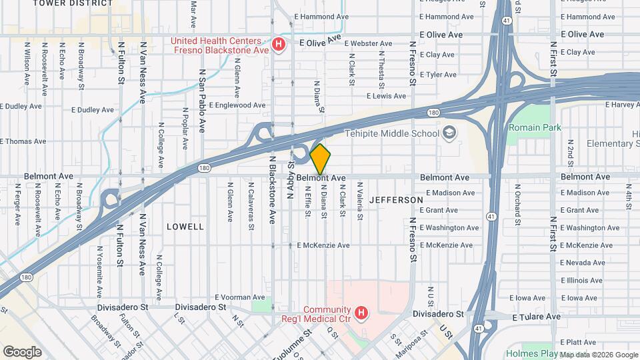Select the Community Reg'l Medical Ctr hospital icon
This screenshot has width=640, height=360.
[x=361, y=312]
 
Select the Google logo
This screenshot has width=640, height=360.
[x=22, y=351]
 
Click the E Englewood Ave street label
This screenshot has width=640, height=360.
[x=237, y=105]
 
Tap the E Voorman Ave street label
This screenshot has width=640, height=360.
[x=240, y=297]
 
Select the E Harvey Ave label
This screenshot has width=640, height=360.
[x=621, y=105]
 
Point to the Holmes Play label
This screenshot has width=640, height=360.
[x=531, y=353]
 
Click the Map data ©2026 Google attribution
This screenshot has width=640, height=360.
[x=599, y=355]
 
